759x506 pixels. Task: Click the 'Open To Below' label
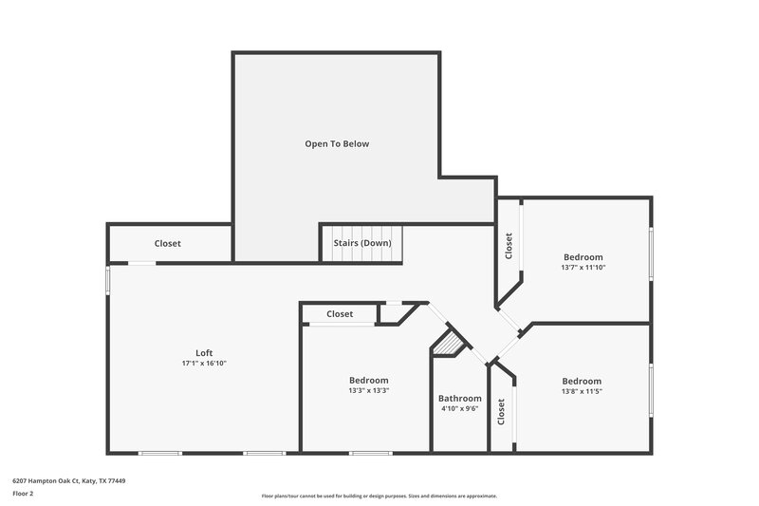[336, 144]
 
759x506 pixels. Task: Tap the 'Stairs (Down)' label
[361, 243]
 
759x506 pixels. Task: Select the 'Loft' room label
[204, 353]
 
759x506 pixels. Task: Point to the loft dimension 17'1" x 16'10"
[204, 364]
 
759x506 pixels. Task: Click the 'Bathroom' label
[459, 399]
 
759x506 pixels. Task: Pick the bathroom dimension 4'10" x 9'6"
[459, 409]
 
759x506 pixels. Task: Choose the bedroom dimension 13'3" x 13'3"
[368, 390]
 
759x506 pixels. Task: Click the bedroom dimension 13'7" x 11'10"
[583, 268]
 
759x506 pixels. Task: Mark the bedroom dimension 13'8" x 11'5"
[582, 390]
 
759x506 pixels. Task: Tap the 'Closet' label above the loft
[168, 244]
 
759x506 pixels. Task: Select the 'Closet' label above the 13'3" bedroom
[340, 314]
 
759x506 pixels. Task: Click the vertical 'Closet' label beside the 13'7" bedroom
[509, 247]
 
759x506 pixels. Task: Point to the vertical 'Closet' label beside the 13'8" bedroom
[501, 411]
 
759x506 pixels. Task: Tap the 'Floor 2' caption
[24, 495]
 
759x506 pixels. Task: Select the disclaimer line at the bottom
[379, 496]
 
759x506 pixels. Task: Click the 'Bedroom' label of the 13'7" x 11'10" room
[583, 257]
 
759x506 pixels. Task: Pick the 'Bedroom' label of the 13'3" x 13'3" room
[368, 380]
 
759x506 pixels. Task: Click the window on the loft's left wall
[108, 280]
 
